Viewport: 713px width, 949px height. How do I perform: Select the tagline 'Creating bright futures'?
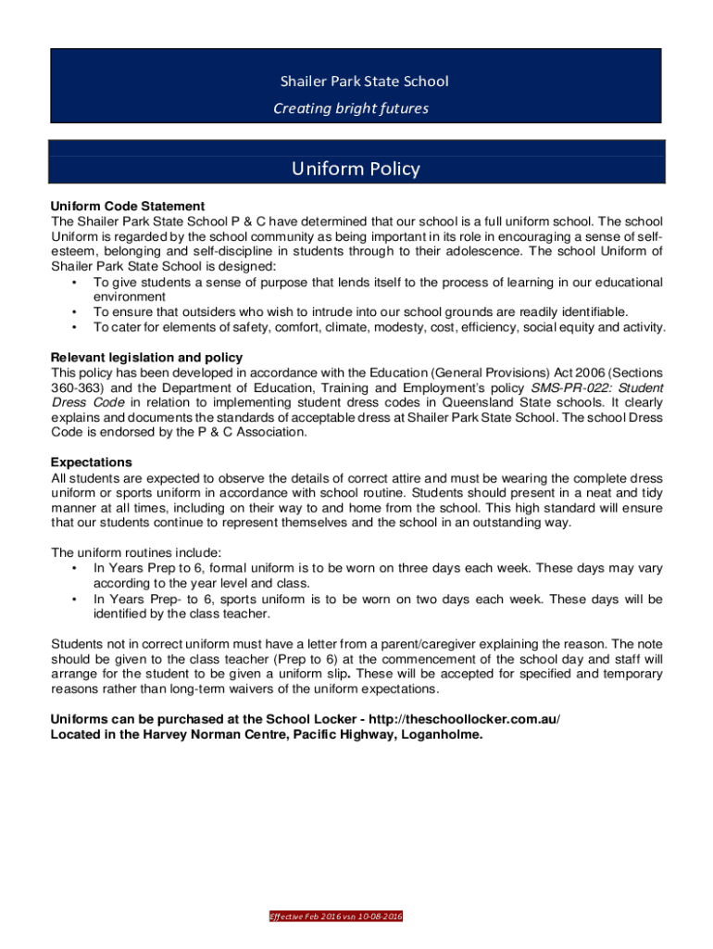click(x=351, y=108)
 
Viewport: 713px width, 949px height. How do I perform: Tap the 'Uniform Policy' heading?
click(x=356, y=169)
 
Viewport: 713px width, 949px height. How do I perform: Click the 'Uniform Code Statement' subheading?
click(x=128, y=206)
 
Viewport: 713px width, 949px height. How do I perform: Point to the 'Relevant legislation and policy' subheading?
click(x=146, y=357)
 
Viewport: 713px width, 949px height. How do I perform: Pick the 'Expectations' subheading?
click(x=92, y=462)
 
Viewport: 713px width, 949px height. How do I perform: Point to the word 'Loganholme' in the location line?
click(x=438, y=734)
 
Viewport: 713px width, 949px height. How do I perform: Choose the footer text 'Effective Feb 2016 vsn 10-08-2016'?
click(x=335, y=917)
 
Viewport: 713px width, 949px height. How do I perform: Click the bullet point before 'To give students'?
click(x=73, y=282)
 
